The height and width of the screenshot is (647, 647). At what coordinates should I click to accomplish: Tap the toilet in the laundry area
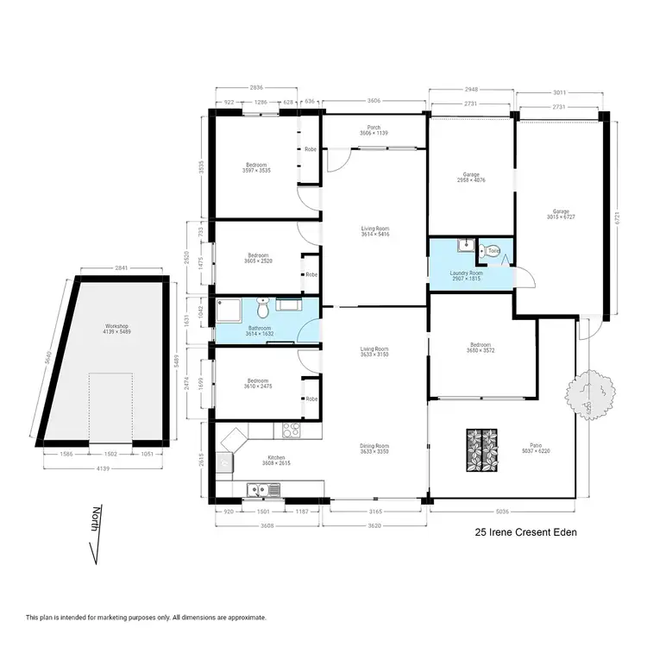coord(493,250)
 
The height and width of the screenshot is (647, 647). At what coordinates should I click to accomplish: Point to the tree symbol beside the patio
coord(592,390)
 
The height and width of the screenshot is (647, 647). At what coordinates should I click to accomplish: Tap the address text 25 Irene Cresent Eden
coord(525,533)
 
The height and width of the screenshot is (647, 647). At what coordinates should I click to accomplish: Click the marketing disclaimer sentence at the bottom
coord(146,618)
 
